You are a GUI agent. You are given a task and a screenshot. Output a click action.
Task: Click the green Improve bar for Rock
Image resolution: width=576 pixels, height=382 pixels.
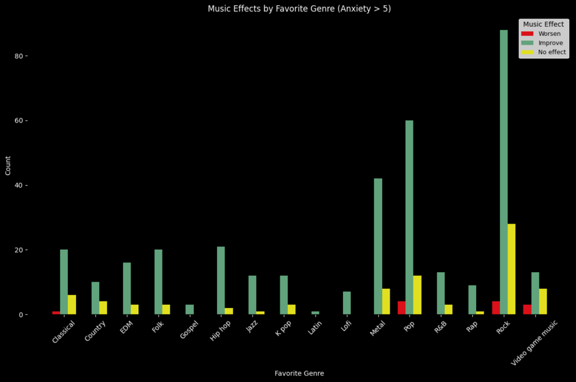(x=504, y=172)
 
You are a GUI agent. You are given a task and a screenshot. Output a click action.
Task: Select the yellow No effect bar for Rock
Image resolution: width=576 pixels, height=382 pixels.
(x=511, y=269)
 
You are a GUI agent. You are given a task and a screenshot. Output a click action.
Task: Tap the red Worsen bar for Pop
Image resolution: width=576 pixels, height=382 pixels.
(x=401, y=308)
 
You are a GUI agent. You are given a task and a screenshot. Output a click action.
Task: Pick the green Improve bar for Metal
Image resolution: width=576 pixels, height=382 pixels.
(x=378, y=247)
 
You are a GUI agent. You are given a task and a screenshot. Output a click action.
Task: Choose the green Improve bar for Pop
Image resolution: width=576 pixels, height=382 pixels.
(x=409, y=217)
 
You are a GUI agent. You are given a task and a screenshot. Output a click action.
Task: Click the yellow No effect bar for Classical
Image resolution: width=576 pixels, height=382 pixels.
(x=72, y=305)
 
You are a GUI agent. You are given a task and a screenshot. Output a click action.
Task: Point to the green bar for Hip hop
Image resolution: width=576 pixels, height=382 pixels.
(x=221, y=280)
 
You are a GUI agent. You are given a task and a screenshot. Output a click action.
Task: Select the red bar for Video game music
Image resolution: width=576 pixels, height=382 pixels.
(x=527, y=310)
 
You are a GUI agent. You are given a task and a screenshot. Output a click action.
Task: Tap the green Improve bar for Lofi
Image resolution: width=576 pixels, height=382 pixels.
(x=347, y=303)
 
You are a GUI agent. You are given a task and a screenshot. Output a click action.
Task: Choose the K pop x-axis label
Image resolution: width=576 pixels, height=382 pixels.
(x=284, y=331)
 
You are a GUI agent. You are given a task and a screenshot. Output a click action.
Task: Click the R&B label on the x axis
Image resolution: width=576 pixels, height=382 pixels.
(x=442, y=328)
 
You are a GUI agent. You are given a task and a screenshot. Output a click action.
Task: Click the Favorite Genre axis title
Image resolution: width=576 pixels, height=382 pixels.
(x=299, y=373)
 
